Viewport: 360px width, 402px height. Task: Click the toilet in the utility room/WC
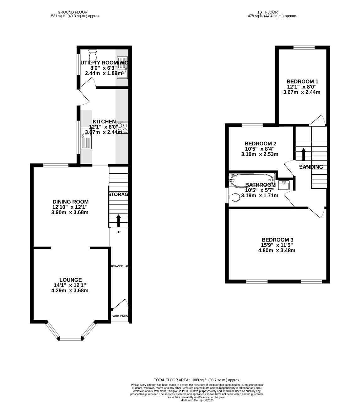point(93,55)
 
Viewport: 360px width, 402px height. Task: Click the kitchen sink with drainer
point(86,138)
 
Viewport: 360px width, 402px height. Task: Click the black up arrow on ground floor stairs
point(118,220)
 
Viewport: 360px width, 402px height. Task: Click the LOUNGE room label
point(71,280)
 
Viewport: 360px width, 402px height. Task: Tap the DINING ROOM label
point(70,202)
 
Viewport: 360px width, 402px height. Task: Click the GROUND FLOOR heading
point(73,12)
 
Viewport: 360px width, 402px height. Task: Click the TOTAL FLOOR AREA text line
point(197,380)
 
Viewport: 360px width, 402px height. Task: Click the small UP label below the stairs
point(118,232)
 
